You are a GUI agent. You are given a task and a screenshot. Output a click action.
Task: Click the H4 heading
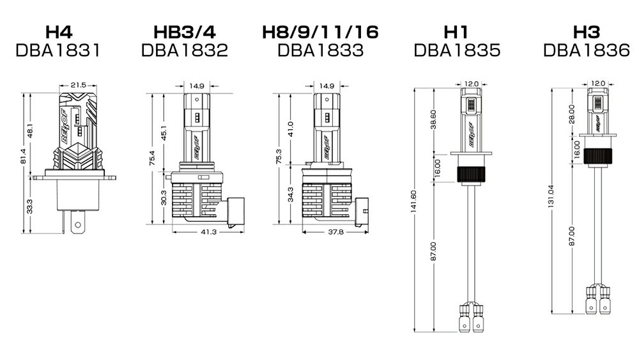tap(59, 32)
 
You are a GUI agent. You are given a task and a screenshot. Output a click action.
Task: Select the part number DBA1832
tap(184, 51)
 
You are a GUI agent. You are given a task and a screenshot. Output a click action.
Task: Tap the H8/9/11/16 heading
tap(320, 32)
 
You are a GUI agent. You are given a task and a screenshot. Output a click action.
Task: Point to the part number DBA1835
tap(457, 51)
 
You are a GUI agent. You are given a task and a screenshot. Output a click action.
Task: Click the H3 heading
tap(587, 32)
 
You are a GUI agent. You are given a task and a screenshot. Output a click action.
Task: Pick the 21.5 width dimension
tap(78, 85)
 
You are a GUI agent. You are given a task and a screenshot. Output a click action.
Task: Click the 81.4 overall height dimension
tap(23, 157)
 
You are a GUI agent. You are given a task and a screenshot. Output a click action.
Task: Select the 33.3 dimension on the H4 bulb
tap(29, 206)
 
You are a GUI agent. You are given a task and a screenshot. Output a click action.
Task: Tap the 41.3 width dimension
tap(208, 231)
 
